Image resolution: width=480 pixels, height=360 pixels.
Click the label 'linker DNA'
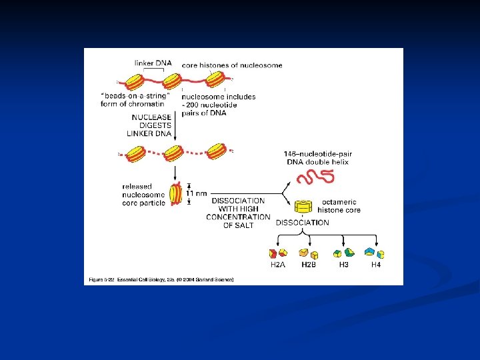(x=153, y=63)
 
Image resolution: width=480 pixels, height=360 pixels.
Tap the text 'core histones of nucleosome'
(x=232, y=65)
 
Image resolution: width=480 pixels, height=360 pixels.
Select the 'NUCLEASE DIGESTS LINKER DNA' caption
(x=150, y=125)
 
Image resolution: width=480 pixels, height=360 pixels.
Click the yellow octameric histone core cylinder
(x=304, y=207)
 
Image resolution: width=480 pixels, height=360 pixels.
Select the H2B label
(x=309, y=265)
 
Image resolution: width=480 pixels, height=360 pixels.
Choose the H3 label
(x=343, y=265)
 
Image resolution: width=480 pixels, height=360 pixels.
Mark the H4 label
(x=377, y=265)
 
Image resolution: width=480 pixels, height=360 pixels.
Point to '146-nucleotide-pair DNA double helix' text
(x=317, y=158)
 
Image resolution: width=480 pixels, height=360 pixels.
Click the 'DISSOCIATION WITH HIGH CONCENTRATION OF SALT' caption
(x=238, y=213)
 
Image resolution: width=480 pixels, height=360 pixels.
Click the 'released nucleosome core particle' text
(x=144, y=194)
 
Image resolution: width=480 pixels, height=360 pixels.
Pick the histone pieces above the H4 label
(x=375, y=253)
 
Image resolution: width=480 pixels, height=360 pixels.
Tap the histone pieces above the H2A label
(x=277, y=253)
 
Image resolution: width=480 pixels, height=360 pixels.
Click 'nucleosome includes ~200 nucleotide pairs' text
(x=218, y=105)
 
